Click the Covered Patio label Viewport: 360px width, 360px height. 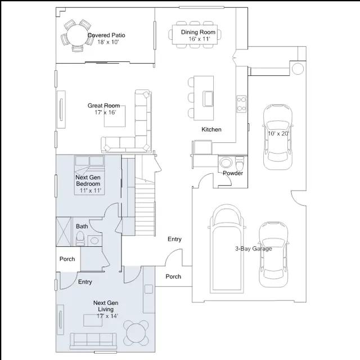point(106,35)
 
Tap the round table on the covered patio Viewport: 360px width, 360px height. point(78,35)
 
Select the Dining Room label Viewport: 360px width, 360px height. point(198,32)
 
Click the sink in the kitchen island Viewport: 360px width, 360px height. point(208,99)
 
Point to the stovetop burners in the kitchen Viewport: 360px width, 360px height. point(241,104)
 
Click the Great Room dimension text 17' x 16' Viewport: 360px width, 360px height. point(105,112)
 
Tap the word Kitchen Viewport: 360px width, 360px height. point(211,129)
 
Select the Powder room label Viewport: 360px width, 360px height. point(233,173)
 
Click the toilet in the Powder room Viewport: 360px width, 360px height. point(240,163)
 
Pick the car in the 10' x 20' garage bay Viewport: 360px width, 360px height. point(278,137)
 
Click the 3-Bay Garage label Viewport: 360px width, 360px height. point(254,249)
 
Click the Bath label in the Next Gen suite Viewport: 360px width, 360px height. point(82,226)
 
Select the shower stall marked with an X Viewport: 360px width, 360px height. point(64,232)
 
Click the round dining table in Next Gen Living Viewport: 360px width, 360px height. point(136,333)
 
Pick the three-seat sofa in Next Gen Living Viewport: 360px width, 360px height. point(93,341)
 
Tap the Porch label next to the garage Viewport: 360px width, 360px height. point(173,276)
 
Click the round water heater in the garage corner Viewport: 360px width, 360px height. point(298,69)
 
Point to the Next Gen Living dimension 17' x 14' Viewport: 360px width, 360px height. point(107,316)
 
